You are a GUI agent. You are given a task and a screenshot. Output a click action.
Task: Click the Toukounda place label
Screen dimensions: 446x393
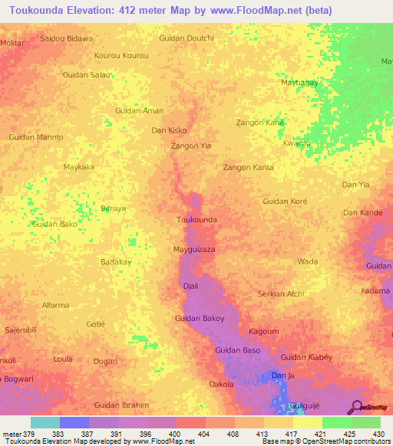click(x=196, y=220)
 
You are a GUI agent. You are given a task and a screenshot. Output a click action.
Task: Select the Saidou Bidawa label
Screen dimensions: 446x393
click(x=66, y=38)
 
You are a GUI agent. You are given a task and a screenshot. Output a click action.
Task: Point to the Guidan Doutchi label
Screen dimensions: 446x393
click(x=186, y=38)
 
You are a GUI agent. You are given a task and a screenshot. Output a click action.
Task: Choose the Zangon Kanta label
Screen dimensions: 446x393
click(x=248, y=167)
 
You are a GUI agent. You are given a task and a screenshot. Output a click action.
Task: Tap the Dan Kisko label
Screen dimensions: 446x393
click(x=169, y=130)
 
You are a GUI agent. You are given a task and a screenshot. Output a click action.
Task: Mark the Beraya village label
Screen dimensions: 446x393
click(x=112, y=208)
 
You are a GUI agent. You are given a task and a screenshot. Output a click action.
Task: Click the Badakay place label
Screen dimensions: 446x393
click(x=116, y=261)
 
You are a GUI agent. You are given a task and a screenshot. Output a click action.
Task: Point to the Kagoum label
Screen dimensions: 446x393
click(x=264, y=331)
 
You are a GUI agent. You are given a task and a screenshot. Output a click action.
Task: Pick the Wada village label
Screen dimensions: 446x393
click(x=307, y=261)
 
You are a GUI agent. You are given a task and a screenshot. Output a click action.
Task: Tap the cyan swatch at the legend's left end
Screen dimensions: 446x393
click(x=45, y=422)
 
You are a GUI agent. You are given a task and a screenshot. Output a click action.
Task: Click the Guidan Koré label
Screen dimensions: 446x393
click(x=285, y=201)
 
